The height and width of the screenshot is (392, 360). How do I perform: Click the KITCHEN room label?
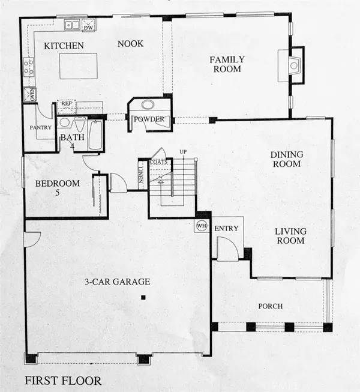pyautogui.click(x=63, y=46)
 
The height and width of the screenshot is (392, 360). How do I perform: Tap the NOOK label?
pyautogui.click(x=129, y=44)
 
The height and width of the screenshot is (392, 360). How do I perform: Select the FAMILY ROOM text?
pyautogui.click(x=225, y=64)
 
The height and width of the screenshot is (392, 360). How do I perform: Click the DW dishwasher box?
pyautogui.click(x=89, y=26)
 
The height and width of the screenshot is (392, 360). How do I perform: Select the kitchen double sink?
pyautogui.click(x=73, y=25)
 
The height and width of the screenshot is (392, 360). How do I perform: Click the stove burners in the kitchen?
pyautogui.click(x=28, y=67)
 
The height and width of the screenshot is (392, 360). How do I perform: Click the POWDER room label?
pyautogui.click(x=149, y=119)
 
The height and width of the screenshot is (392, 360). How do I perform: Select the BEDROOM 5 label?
pyautogui.click(x=56, y=188)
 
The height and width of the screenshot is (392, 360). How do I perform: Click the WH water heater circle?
pyautogui.click(x=201, y=226)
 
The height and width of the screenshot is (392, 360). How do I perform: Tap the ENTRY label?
pyautogui.click(x=226, y=228)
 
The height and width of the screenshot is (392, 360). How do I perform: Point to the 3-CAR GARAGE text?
pyautogui.click(x=117, y=281)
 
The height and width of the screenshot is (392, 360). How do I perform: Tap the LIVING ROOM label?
pyautogui.click(x=290, y=236)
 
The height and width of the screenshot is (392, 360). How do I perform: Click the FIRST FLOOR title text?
pyautogui.click(x=63, y=381)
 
